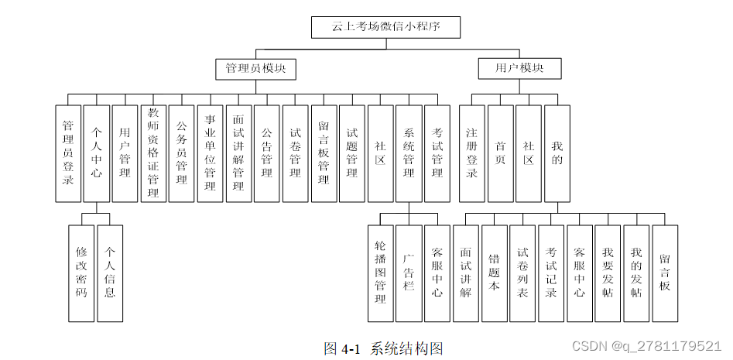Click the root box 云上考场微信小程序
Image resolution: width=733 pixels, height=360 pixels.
tap(385, 27)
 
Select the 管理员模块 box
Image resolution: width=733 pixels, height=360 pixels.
tap(255, 69)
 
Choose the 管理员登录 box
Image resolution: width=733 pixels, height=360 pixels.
tap(68, 153)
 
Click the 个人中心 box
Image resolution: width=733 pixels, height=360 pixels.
tap(97, 153)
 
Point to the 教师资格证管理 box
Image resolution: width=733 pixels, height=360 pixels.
tap(153, 153)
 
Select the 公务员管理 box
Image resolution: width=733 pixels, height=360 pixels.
tap(182, 153)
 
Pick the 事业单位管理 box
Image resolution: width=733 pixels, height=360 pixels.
tap(210, 153)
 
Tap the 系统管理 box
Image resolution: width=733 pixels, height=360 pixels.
tap(409, 153)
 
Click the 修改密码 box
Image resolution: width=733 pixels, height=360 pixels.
tap(82, 273)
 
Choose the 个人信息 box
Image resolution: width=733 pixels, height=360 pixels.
tap(110, 273)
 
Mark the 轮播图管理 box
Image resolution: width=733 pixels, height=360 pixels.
tap(380, 273)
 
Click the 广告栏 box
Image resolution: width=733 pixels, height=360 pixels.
tap(409, 273)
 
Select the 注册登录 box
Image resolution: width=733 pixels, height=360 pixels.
tap(472, 153)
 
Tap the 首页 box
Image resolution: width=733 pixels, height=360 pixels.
tap(501, 153)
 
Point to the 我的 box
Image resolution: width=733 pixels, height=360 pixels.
tap(557, 153)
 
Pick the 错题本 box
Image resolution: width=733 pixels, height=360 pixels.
tap(494, 273)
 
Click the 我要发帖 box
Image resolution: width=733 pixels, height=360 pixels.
tap(608, 273)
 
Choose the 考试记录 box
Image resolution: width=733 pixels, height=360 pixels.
tap(551, 273)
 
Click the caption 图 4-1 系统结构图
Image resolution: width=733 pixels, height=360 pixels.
tap(383, 348)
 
